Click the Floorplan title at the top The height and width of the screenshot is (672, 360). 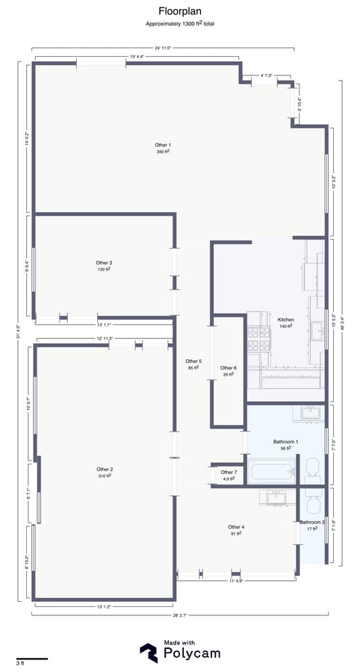tap(179, 11)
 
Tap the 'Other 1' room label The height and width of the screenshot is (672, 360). tap(163, 145)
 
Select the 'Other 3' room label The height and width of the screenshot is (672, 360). tap(104, 263)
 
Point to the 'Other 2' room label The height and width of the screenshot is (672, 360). tap(105, 469)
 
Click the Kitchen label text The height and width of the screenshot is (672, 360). tap(286, 320)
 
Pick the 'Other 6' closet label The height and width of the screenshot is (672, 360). tap(229, 368)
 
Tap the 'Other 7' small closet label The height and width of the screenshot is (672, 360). tap(229, 473)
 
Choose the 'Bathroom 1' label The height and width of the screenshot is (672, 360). tap(285, 442)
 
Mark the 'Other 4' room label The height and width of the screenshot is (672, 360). tap(237, 527)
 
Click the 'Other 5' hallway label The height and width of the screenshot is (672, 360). tap(193, 361)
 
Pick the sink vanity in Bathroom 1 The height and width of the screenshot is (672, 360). tap(310, 412)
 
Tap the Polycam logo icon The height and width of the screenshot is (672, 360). tap(149, 652)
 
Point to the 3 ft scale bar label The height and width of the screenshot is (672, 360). tap(19, 663)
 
